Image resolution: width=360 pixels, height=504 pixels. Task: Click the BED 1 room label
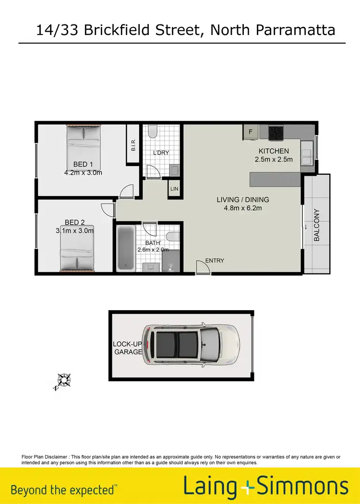83,164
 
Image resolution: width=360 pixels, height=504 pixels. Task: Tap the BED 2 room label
74,222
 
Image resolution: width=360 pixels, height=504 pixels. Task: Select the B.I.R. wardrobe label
133,145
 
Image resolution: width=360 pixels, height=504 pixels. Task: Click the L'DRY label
161,153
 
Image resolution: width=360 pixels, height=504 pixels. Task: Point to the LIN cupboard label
174,189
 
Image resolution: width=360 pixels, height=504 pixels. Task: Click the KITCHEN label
273,151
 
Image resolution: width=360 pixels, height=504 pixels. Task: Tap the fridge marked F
250,131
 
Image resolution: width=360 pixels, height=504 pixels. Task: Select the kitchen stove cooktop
276,132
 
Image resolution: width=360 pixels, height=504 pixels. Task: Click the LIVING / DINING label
243,200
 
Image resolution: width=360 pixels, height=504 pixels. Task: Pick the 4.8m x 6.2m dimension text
243,208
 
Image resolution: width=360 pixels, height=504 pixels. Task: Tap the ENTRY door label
215,261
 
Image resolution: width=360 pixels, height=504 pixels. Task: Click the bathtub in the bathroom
126,248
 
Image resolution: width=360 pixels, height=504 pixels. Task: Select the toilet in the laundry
153,131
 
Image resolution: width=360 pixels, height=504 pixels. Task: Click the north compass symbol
63,381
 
